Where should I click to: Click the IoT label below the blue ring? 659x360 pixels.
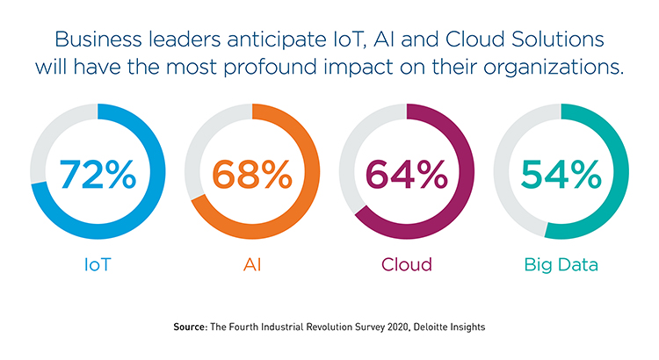point(98,263)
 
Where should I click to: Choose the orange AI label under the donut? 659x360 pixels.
point(252,263)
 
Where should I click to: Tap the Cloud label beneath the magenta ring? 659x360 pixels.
point(407,263)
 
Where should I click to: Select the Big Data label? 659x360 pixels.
point(561,263)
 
